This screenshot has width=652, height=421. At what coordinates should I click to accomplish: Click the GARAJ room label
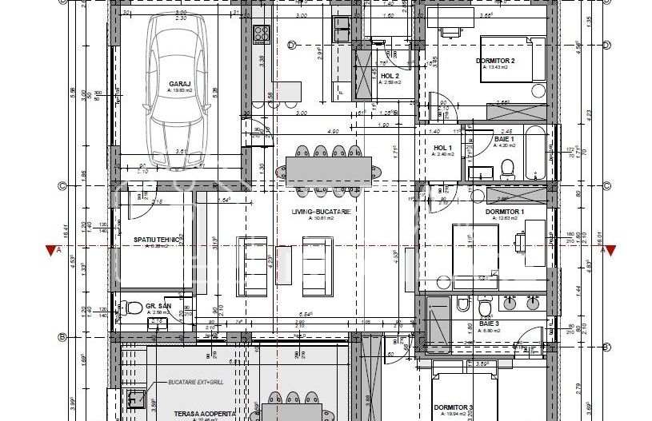178,83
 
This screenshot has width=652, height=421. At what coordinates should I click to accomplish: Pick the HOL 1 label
442,148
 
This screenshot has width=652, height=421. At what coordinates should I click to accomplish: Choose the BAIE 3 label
490,324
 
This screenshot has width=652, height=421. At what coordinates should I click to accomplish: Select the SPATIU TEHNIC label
155,239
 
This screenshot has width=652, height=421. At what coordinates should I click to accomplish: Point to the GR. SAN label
154,305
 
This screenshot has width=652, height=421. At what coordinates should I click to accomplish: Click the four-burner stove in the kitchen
262,34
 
